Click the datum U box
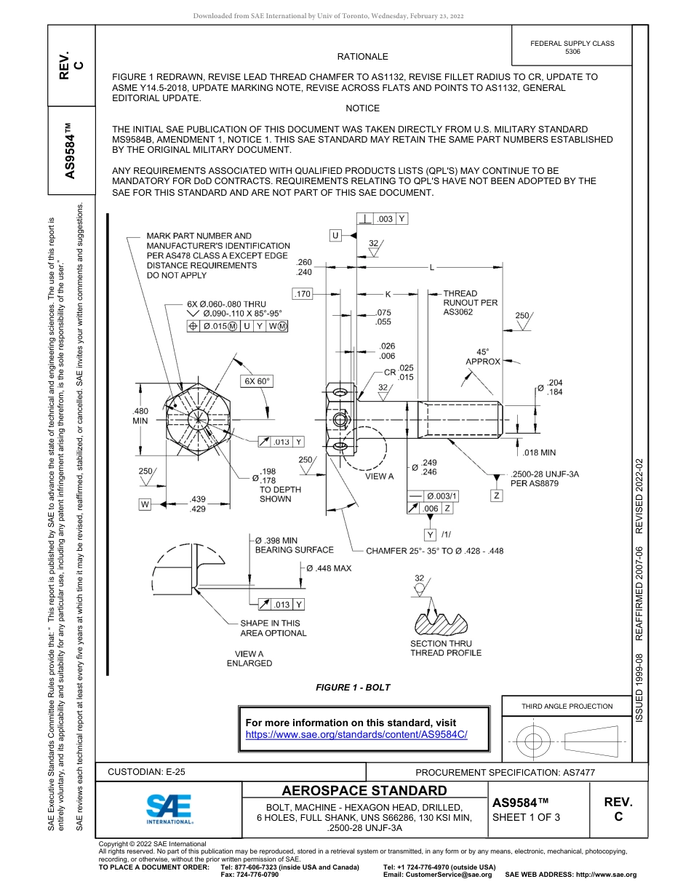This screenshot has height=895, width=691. pyautogui.click(x=335, y=235)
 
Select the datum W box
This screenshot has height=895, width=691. pyautogui.click(x=145, y=504)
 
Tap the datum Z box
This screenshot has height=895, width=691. pyautogui.click(x=497, y=495)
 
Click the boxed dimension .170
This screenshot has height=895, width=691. pyautogui.click(x=303, y=294)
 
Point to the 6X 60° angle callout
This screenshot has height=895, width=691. pyautogui.click(x=257, y=381)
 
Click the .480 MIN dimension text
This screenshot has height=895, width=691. pyautogui.click(x=140, y=415)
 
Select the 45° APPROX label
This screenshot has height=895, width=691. pyautogui.click(x=483, y=356)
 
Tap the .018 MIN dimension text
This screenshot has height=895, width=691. pyautogui.click(x=539, y=452)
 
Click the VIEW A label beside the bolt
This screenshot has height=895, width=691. pyautogui.click(x=379, y=477)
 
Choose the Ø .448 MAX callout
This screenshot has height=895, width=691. pyautogui.click(x=328, y=568)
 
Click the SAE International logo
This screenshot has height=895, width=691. pyautogui.click(x=169, y=808)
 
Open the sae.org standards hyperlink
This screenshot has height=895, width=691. pyautogui.click(x=356, y=734)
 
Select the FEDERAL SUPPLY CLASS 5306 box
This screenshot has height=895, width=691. pyautogui.click(x=572, y=47)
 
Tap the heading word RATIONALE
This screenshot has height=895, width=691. pyautogui.click(x=362, y=56)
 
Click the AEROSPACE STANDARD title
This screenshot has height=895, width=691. pyautogui.click(x=364, y=790)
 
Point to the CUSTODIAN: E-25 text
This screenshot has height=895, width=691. pyautogui.click(x=151, y=772)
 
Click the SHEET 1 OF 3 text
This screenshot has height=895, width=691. pyautogui.click(x=526, y=816)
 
